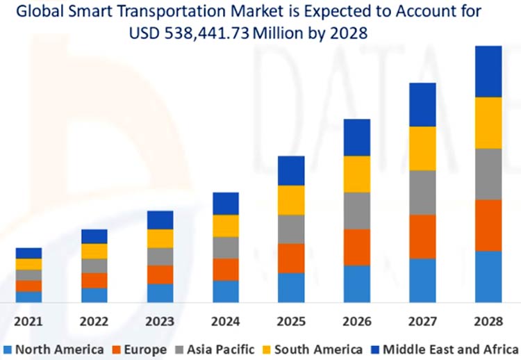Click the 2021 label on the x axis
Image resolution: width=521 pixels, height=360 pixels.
(x=28, y=322)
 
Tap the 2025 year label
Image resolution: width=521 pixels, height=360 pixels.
(x=291, y=322)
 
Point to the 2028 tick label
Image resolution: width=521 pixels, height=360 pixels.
(x=488, y=322)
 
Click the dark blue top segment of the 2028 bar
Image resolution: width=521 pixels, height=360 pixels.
(x=488, y=71)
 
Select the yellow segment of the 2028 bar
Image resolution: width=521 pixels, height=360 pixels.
(x=488, y=122)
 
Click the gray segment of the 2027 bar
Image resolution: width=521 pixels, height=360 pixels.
(x=422, y=192)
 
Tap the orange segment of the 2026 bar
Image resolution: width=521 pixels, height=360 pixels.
(x=357, y=247)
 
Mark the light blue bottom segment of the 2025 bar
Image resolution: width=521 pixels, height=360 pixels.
(x=291, y=287)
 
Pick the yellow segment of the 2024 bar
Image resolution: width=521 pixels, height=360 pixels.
(x=226, y=226)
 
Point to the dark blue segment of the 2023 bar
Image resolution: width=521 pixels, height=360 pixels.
(x=160, y=220)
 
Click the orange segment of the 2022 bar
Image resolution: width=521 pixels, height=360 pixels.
(x=94, y=280)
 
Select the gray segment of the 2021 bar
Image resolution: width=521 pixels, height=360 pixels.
(x=28, y=275)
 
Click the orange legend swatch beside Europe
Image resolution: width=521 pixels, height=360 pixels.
(x=117, y=349)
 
